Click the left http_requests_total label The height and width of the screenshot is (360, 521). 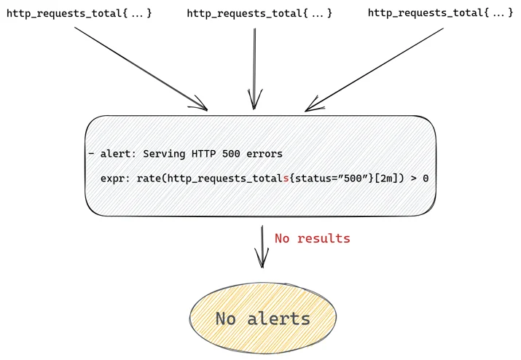79,13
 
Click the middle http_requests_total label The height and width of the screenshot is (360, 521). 259,13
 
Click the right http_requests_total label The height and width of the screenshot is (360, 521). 441,13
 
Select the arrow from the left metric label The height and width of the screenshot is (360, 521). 141,69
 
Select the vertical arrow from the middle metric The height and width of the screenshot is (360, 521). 254,69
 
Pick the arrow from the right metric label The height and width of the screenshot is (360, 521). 374,69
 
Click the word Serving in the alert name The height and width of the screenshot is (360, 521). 164,154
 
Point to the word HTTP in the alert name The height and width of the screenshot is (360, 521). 204,154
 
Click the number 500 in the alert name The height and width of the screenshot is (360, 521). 231,154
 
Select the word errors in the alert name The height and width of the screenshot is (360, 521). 265,154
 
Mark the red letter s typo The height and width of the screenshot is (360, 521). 286,179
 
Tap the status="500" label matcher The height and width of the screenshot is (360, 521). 332,179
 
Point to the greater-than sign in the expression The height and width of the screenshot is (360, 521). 413,179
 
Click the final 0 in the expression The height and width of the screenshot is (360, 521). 426,179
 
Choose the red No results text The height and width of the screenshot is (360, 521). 313,238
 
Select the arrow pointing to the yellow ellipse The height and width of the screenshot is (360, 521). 262,246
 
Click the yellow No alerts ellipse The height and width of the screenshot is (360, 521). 263,318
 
